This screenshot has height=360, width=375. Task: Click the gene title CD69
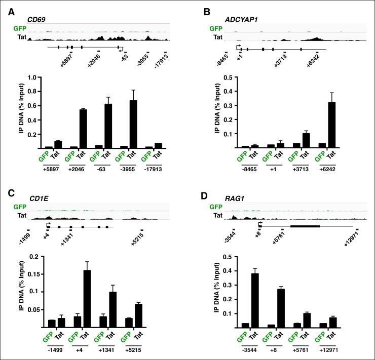(x=36, y=20)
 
